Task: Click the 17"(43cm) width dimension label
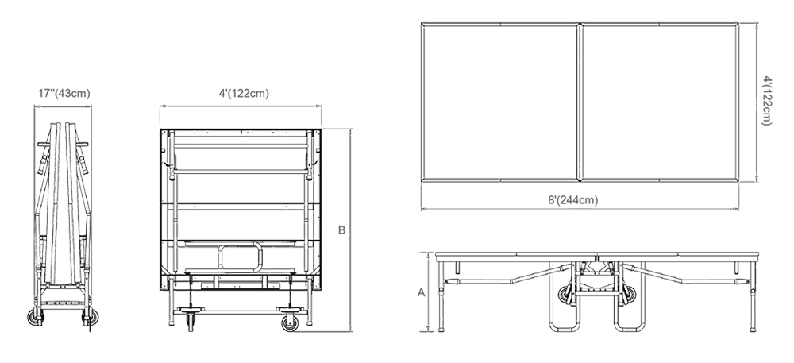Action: (64, 94)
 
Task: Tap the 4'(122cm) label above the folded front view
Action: (244, 94)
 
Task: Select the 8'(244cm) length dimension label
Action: (572, 200)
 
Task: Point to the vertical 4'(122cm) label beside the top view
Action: (767, 101)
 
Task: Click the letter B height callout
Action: (341, 230)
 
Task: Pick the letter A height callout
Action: (421, 292)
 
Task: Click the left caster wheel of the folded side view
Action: (35, 318)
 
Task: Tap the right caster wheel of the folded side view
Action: (91, 318)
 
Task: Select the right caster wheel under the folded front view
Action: (290, 323)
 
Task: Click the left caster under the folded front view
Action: (191, 322)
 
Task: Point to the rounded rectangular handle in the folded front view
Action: (241, 257)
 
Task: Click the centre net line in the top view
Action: (580, 102)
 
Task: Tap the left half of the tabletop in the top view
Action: (499, 102)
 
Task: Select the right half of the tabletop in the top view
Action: (660, 102)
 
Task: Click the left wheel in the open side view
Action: (565, 295)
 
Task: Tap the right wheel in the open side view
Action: (630, 295)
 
